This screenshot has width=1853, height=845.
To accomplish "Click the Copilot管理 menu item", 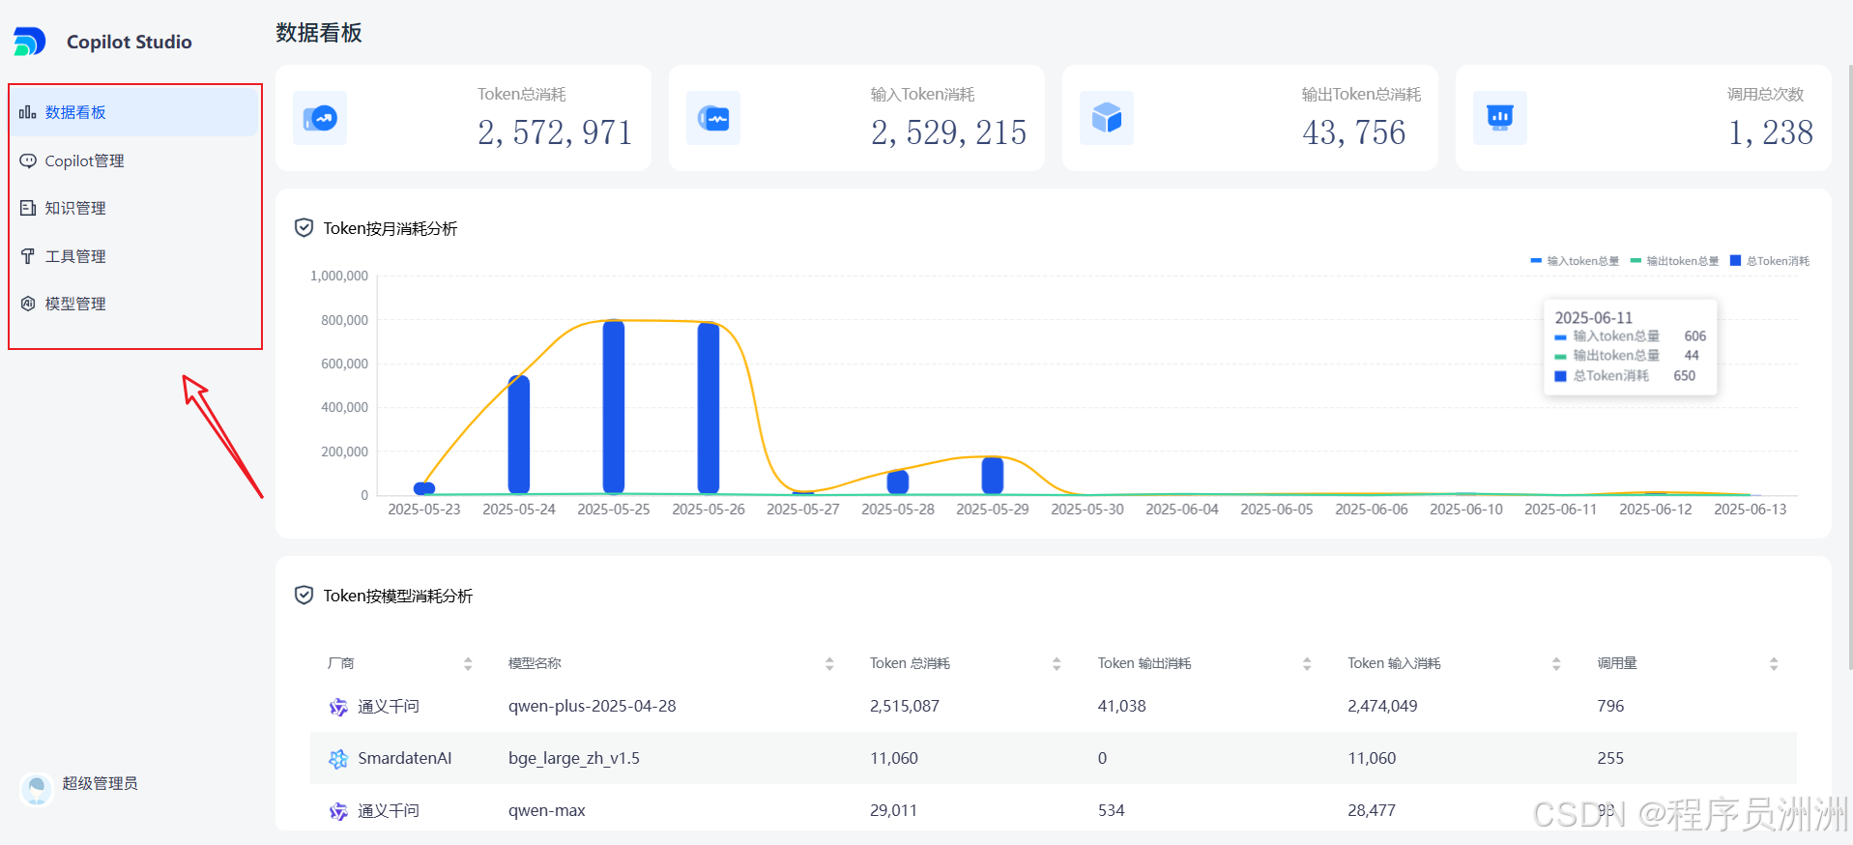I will click(84, 160).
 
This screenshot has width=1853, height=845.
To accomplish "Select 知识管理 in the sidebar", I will click(74, 208).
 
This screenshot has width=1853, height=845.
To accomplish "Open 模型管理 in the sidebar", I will click(74, 304).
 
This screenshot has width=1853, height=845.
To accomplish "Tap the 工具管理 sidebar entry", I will click(74, 256).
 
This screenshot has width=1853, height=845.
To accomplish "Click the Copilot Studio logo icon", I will click(29, 42).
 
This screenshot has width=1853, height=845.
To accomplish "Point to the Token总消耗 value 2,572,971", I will click(554, 132).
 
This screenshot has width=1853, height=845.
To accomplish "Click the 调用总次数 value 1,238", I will click(1770, 132).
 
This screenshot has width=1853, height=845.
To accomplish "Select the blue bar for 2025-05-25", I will click(614, 406).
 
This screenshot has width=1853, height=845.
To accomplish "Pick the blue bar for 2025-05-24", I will click(519, 435).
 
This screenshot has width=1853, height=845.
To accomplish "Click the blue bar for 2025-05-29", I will click(993, 476).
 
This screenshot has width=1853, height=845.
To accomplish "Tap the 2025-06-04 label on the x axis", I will click(1182, 510).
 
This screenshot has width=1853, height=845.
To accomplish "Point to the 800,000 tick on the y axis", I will click(344, 320).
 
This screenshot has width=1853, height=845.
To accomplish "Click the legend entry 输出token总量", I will click(1675, 261).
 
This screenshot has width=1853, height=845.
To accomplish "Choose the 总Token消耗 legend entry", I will click(1771, 261).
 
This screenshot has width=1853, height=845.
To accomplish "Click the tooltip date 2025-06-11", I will click(1593, 317).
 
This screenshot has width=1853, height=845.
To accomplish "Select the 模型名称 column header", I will click(535, 663).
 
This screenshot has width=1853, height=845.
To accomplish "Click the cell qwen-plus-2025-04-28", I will click(592, 706).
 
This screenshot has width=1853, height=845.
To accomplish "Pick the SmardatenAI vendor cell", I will click(404, 758).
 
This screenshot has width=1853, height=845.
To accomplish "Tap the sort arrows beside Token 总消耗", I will click(1057, 663).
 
